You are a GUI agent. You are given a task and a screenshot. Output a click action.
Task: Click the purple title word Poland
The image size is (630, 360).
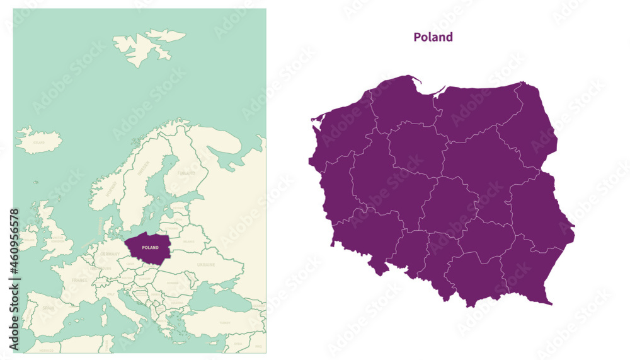[433, 37]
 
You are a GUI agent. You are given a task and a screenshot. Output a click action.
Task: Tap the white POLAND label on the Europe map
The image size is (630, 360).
[150, 248]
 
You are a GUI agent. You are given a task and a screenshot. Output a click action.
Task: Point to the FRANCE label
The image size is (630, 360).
[79, 279]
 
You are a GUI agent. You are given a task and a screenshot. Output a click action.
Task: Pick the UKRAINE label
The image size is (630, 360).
[206, 265]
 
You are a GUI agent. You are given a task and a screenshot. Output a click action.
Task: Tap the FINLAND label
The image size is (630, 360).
[186, 172]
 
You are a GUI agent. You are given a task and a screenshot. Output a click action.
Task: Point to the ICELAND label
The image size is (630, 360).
[39, 142]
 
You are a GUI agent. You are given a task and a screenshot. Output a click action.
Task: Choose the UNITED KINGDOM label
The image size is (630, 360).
[57, 240]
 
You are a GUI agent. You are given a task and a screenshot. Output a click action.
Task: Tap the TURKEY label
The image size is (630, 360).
[224, 322]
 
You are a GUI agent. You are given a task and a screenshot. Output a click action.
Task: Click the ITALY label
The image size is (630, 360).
[111, 294]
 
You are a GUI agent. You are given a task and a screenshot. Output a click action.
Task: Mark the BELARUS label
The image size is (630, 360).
[188, 240]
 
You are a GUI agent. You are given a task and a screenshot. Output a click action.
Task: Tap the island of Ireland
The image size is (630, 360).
[28, 237]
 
